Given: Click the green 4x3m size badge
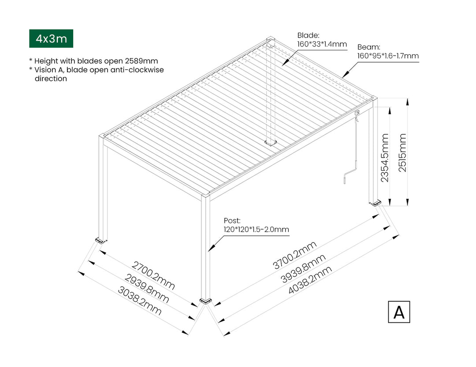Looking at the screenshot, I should click(x=51, y=38).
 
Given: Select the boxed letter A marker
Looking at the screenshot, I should click(x=399, y=312).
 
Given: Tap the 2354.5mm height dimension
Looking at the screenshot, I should click(x=385, y=158).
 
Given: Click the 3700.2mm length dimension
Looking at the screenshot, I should click(x=294, y=255).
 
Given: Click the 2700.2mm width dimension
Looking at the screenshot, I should click(x=153, y=276).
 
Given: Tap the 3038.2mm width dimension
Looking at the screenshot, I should click(x=139, y=301).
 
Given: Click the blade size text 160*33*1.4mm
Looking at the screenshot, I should click(x=322, y=44).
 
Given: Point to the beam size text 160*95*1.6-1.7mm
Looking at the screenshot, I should click(x=388, y=56).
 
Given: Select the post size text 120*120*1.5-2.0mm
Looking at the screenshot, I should click(x=256, y=230).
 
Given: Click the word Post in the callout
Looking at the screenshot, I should click(x=232, y=220).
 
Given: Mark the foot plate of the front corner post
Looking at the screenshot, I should click(x=205, y=301).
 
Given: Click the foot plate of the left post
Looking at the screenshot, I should click(x=101, y=241).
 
